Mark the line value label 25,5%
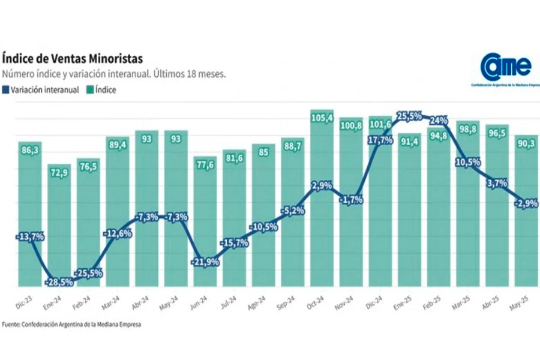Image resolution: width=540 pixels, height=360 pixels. (410, 116)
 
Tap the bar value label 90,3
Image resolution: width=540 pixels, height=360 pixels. (526, 145)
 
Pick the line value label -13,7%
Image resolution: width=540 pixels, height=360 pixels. (31, 238)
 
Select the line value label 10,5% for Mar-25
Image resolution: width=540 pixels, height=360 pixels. (467, 161)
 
